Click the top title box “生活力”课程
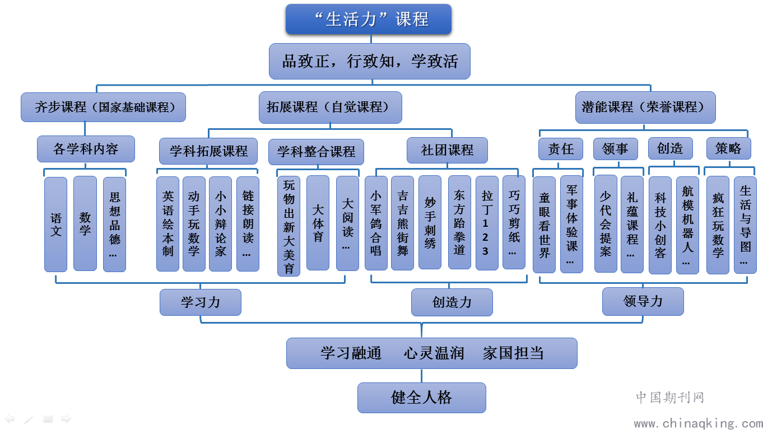(x=369, y=19)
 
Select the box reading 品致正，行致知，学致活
(x=370, y=61)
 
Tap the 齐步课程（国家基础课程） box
(x=103, y=107)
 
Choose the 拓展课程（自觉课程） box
(x=331, y=107)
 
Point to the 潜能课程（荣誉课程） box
(x=645, y=107)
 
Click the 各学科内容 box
(x=86, y=149)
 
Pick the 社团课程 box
(x=447, y=150)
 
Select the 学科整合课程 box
(x=316, y=152)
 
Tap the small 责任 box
(x=561, y=149)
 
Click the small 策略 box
(x=729, y=148)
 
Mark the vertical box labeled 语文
(x=56, y=225)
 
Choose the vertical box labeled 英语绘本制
(x=168, y=224)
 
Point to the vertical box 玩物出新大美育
(x=289, y=226)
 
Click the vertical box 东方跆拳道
(x=459, y=222)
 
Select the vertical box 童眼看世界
(x=545, y=225)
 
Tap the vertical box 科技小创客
(x=660, y=225)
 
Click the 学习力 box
(x=201, y=302)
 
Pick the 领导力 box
(x=643, y=302)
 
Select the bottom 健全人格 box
(x=422, y=398)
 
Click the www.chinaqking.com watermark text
(x=698, y=423)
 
